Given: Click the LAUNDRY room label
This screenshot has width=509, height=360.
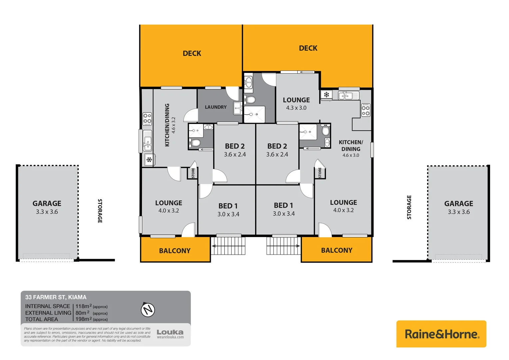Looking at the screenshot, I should (x=216, y=107).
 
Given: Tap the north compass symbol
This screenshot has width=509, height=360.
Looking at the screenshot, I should (x=148, y=310).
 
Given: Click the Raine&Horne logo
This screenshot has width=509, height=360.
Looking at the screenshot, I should (x=441, y=334).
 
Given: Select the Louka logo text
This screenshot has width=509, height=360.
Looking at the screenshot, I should (x=170, y=332).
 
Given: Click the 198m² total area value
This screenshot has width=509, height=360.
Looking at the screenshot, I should (x=83, y=319).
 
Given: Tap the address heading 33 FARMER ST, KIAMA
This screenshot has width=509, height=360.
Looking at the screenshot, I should (x=56, y=297).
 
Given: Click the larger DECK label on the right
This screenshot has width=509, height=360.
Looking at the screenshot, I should (x=308, y=48).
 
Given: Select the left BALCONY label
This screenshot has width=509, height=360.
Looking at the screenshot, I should (x=175, y=251).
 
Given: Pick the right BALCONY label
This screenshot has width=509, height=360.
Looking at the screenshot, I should (x=336, y=250).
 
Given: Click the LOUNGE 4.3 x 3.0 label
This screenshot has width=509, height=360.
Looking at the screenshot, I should (x=296, y=103).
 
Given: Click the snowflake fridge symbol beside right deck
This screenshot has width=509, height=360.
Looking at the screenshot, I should (x=326, y=95).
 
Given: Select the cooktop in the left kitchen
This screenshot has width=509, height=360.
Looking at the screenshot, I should (x=147, y=119).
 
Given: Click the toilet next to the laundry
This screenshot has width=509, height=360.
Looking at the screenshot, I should (x=251, y=100).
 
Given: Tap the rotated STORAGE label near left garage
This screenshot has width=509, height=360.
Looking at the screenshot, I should (x=100, y=211).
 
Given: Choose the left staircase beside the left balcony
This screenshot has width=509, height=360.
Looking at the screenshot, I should (x=228, y=246).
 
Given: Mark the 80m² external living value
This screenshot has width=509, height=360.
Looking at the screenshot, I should (x=82, y=313).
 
